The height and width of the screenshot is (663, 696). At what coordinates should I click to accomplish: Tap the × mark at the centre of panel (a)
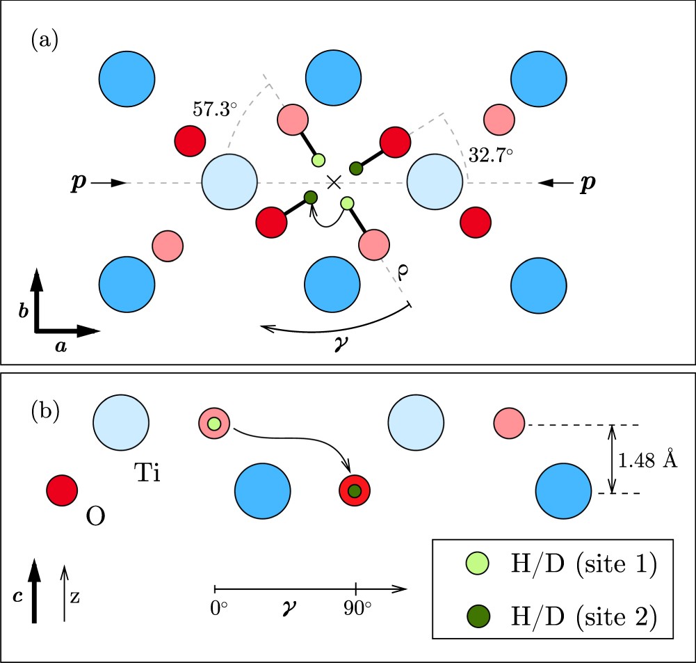334,182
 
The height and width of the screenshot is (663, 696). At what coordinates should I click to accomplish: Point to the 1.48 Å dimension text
648,459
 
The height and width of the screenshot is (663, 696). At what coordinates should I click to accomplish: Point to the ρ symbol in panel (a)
403,272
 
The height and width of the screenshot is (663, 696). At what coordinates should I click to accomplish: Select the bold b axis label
24,311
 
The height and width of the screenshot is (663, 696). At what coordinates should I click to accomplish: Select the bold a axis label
61,346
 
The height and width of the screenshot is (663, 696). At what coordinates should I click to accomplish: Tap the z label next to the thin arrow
75,597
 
